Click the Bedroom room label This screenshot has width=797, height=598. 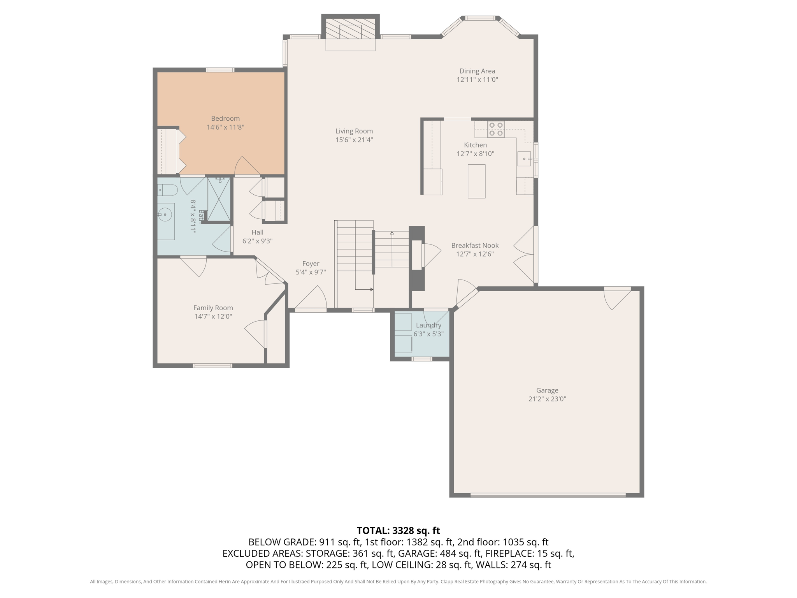tap(225, 118)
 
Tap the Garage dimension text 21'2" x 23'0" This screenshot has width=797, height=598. tap(547, 399)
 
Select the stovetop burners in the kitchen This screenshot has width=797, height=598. tap(496, 129)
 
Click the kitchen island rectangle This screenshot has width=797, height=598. tap(476, 181)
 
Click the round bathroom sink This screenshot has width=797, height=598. tap(165, 215)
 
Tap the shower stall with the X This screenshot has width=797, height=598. tap(219, 200)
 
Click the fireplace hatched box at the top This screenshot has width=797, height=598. tap(350, 30)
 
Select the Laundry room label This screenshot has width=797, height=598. tap(428, 325)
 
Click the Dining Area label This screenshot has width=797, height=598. tap(477, 71)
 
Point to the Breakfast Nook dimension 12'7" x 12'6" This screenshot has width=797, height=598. tap(475, 254)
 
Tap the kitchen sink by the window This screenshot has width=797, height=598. tap(524, 159)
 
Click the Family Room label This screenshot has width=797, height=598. tap(213, 308)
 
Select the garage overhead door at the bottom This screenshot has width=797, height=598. tap(548, 495)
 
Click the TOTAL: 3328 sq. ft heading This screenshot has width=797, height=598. tap(398, 530)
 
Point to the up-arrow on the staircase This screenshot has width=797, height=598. tap(392, 234)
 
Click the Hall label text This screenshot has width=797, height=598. tap(257, 232)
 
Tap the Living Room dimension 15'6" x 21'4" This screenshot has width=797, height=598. tap(354, 140)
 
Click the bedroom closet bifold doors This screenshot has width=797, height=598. tap(181, 151)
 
